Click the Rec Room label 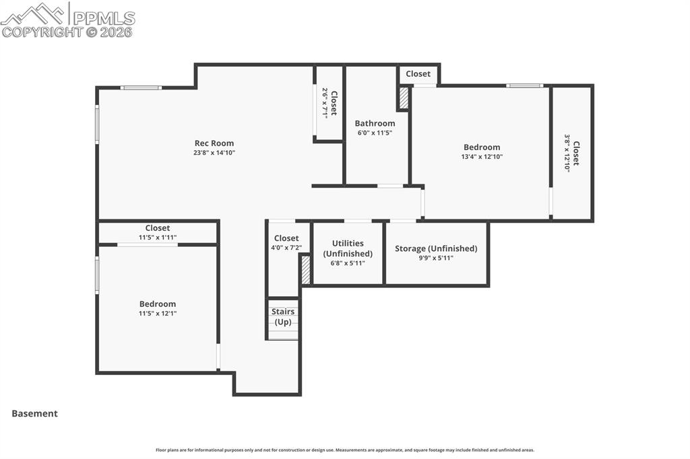click(x=214, y=143)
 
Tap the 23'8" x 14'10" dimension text click(x=214, y=153)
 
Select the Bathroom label click(x=375, y=123)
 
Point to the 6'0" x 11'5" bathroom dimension click(x=375, y=133)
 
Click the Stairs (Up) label click(x=283, y=316)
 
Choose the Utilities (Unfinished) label click(x=348, y=248)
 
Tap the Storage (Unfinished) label click(x=436, y=248)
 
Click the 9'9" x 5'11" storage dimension click(x=436, y=258)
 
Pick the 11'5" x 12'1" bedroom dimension click(x=158, y=314)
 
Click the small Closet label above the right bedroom click(x=418, y=74)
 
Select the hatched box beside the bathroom click(x=404, y=98)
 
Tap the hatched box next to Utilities click(x=305, y=269)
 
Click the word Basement click(x=34, y=414)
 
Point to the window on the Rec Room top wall click(x=141, y=87)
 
